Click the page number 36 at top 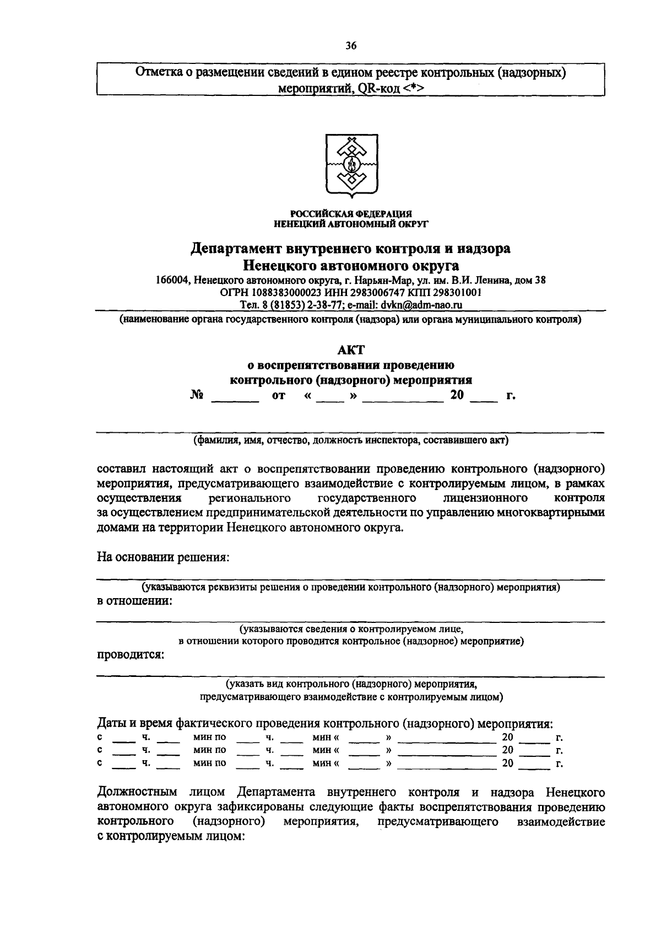point(351,46)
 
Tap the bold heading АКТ point(351,349)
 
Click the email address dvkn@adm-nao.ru point(421,304)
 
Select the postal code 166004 point(172,280)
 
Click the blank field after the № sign point(235,396)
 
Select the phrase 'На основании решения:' point(162,557)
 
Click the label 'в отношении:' point(134,600)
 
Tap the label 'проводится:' point(131,655)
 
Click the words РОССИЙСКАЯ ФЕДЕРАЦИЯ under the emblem point(351,214)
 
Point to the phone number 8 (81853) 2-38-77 point(298,304)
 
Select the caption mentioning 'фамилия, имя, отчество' point(351,440)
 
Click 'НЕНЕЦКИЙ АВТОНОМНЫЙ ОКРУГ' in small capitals point(351,223)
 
